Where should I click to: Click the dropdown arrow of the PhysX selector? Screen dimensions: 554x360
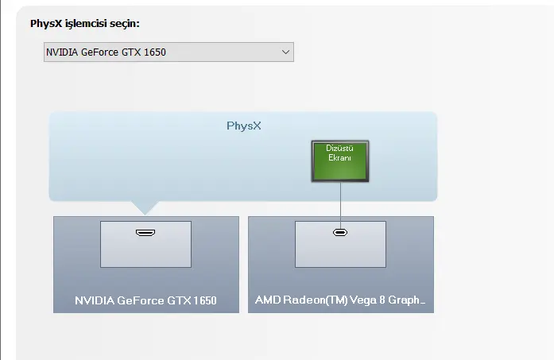tap(285, 52)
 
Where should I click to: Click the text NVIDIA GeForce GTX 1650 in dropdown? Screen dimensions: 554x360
tap(106, 52)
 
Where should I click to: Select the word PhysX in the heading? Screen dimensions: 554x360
tap(46, 24)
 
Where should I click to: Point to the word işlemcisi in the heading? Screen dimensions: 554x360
tap(86, 24)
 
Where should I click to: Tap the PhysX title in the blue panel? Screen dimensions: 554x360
tap(244, 126)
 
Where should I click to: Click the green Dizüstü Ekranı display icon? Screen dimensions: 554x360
tap(340, 161)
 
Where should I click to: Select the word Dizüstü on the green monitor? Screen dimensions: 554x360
tap(339, 149)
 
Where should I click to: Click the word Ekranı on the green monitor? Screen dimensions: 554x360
tap(339, 157)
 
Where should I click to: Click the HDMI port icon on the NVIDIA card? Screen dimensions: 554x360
tap(145, 233)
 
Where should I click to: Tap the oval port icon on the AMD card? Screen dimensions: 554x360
tap(340, 233)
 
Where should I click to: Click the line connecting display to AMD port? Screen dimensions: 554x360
tap(341, 206)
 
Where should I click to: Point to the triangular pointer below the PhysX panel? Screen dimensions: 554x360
tap(145, 207)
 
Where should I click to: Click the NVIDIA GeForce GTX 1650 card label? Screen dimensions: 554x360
tap(145, 300)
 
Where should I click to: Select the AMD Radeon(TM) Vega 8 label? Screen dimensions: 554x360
tap(340, 300)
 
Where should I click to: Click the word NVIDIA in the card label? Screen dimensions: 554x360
tap(95, 300)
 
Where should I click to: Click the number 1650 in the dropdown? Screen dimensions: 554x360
tap(155, 52)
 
